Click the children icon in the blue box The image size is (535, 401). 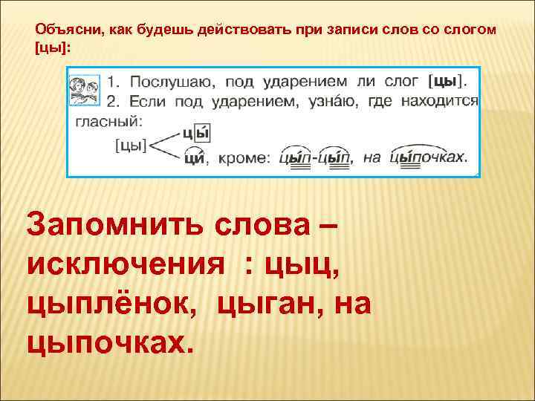85,87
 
